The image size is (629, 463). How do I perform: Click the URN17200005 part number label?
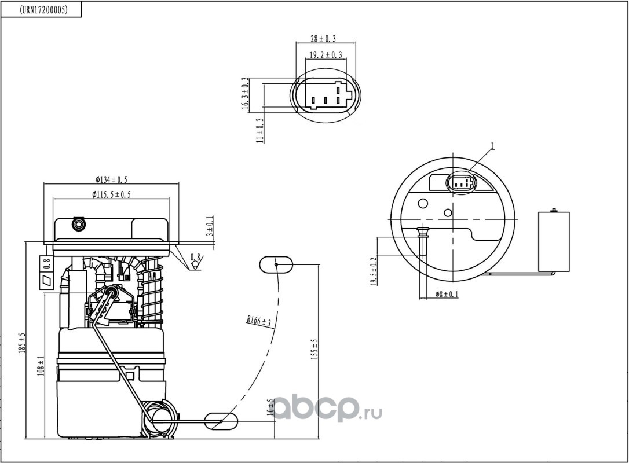pyautogui.click(x=43, y=10)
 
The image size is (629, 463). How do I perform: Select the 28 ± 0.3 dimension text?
pyautogui.click(x=323, y=38)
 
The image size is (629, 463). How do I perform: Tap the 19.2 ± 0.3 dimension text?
pyautogui.click(x=326, y=54)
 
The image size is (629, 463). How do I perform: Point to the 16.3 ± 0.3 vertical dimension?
pyautogui.click(x=245, y=93)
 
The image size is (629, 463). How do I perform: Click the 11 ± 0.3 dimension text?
pyautogui.click(x=260, y=130)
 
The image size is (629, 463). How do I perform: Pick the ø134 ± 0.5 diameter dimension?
pyautogui.click(x=111, y=179)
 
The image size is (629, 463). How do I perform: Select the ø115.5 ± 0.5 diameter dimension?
pyautogui.click(x=111, y=194)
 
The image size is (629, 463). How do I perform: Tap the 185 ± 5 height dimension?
pyautogui.click(x=22, y=343)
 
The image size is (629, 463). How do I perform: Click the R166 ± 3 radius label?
pyautogui.click(x=259, y=320)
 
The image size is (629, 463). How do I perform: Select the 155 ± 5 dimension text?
pyautogui.click(x=314, y=349)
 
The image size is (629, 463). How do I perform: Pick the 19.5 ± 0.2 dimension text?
pyautogui.click(x=374, y=271)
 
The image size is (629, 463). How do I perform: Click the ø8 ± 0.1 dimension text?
pyautogui.click(x=447, y=295)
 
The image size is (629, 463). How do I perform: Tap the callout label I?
pyautogui.click(x=493, y=147)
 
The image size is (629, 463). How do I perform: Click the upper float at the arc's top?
pyautogui.click(x=276, y=264)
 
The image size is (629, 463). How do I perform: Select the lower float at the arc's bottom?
pyautogui.click(x=221, y=421)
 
